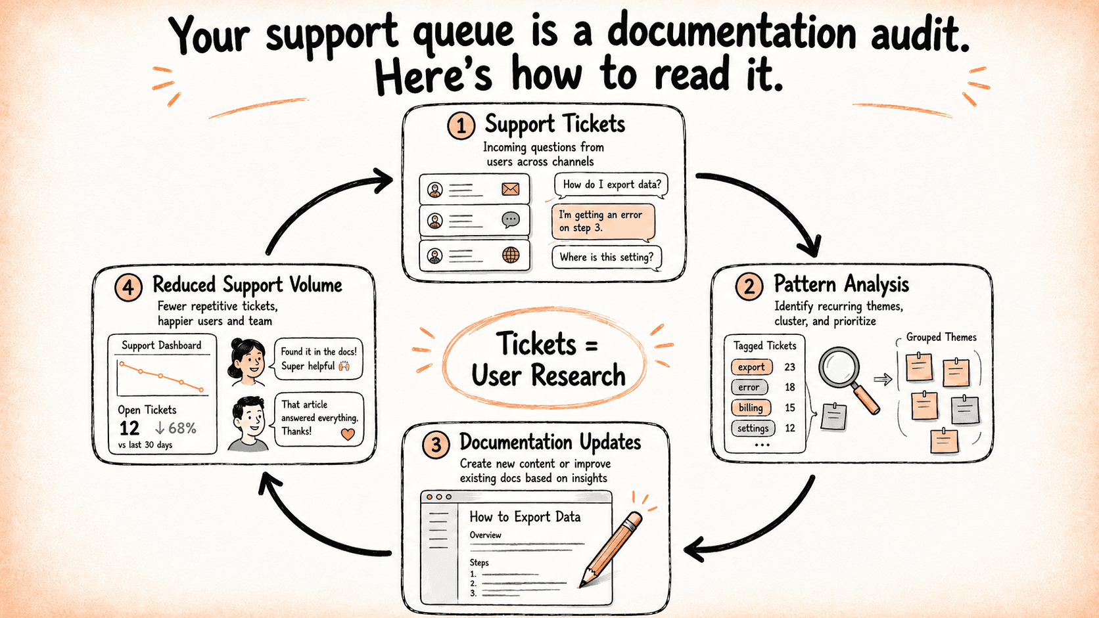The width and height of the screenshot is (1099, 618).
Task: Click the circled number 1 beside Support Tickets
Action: [x=461, y=126]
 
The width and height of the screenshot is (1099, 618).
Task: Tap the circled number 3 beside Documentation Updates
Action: [x=436, y=445]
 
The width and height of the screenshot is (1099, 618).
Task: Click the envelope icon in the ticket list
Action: [x=510, y=189]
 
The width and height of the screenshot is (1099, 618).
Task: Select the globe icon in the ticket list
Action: [x=511, y=255]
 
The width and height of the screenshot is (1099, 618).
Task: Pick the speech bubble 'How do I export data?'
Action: [x=612, y=185]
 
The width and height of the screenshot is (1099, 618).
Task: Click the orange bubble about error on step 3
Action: [x=603, y=222]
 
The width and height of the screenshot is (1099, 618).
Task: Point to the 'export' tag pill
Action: [x=751, y=367]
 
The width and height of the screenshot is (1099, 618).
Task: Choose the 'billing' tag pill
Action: [x=751, y=408]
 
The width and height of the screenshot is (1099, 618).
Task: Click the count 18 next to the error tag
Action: [x=789, y=387]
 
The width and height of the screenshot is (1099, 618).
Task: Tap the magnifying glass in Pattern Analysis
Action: [x=848, y=378]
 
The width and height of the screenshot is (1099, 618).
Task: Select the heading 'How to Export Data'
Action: [x=525, y=517]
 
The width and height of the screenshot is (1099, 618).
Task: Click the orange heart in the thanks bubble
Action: [x=348, y=433]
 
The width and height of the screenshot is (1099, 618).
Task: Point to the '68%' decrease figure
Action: [x=182, y=428]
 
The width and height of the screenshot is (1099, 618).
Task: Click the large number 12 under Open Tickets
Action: [x=129, y=428]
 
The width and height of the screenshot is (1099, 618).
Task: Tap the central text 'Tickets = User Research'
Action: [x=548, y=359]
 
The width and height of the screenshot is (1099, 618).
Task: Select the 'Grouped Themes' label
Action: [x=941, y=337]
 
